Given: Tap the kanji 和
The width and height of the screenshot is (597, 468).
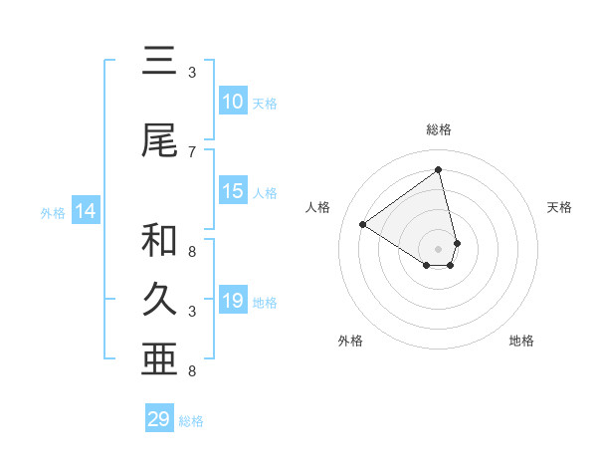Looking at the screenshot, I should click(159, 240).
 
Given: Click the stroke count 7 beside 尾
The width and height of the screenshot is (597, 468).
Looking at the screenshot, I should click(192, 151).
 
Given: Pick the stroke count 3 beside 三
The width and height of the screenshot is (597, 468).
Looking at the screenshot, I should click(192, 72).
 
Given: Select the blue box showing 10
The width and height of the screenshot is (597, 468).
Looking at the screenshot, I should click(233, 102).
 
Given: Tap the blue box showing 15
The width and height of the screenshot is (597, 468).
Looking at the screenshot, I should click(233, 191).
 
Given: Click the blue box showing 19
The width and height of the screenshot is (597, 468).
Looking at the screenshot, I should click(233, 301).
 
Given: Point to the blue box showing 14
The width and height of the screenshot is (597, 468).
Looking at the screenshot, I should click(86, 211).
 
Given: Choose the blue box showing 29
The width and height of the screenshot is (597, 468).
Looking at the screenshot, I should click(159, 419).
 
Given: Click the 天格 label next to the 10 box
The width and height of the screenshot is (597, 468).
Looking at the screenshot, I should click(265, 103).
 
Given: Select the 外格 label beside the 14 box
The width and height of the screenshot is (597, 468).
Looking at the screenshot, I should click(53, 212).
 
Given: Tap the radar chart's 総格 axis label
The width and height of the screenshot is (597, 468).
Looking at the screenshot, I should click(439, 129).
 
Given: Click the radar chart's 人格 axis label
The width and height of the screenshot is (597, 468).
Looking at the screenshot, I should click(318, 207).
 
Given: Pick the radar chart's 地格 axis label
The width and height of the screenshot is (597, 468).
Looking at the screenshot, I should click(521, 341).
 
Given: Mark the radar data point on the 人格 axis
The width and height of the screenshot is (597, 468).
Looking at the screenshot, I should click(363, 225).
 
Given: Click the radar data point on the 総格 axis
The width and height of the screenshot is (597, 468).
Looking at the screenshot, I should click(439, 170).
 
